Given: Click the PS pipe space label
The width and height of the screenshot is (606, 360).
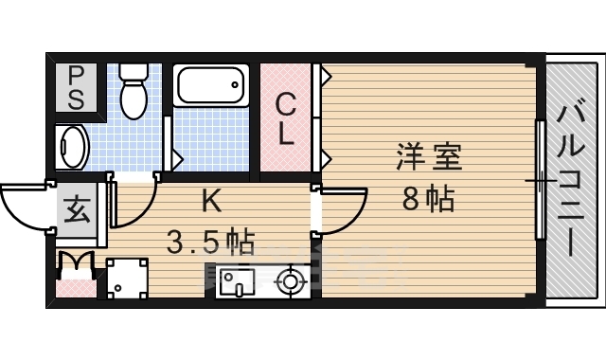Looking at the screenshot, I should click(x=75, y=86).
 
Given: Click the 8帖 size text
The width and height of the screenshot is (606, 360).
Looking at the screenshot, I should click(x=428, y=199).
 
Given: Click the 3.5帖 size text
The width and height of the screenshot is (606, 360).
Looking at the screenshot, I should click(x=210, y=243).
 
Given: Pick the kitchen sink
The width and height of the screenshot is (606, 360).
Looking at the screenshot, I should click(x=233, y=280).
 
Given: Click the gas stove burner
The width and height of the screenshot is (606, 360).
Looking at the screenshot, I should click(x=289, y=281).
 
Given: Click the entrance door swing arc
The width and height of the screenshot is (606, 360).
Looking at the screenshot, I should click(x=24, y=207).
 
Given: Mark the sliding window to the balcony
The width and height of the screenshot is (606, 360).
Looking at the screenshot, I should click(x=540, y=180).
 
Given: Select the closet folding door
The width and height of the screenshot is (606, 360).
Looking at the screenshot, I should click(x=324, y=117).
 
